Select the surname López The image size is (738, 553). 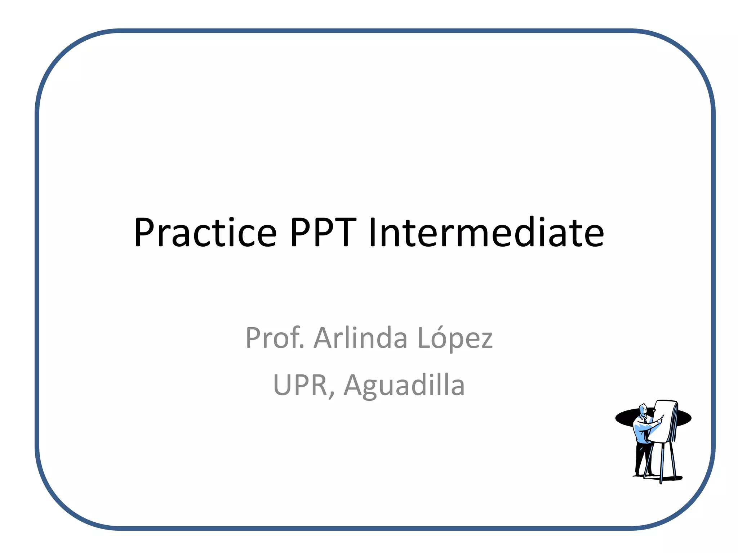click(455, 338)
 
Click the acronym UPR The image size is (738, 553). click(300, 385)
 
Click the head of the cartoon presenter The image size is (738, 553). click(643, 409)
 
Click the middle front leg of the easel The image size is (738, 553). click(662, 464)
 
